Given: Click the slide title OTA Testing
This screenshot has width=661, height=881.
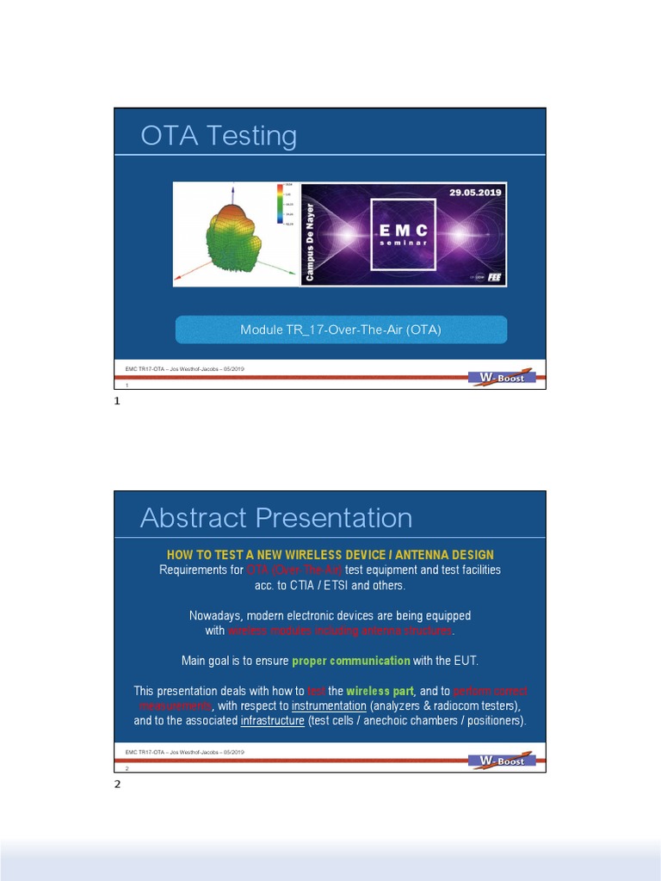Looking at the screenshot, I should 219,136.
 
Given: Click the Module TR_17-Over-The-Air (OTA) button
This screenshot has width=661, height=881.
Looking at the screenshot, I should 341,330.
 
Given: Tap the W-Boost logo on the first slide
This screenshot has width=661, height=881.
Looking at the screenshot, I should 502,377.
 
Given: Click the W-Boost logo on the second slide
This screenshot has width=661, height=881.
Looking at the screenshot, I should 502,761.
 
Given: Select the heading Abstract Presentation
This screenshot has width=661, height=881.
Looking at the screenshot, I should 275,518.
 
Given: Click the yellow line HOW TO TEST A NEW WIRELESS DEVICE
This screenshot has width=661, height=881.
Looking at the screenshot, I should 330,554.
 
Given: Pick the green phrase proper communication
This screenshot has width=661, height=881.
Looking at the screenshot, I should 350,661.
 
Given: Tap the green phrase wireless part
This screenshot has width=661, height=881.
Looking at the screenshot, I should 380,691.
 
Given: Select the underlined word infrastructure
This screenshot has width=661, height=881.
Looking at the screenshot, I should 273,720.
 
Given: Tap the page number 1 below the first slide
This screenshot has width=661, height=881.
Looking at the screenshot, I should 117,402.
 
